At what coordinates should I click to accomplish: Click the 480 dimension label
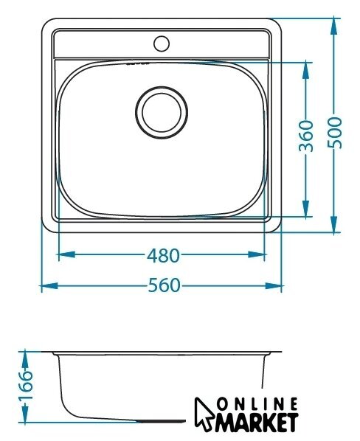(163, 255)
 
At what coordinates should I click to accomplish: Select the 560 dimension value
(164, 285)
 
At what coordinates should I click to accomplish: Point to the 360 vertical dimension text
(305, 136)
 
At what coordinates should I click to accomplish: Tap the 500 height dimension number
(335, 133)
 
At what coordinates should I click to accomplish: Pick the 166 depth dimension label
(26, 385)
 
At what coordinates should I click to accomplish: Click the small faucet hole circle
(162, 44)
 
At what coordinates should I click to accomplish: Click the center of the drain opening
(162, 112)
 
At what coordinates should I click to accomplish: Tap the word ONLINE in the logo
(257, 404)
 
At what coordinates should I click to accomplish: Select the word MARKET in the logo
(257, 422)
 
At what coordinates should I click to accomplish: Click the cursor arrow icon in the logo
(204, 414)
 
